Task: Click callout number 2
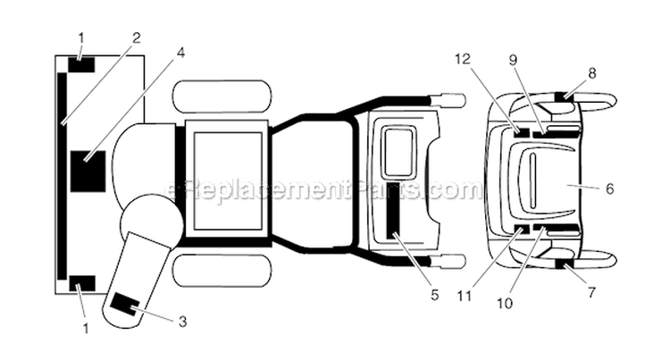tap(136, 38)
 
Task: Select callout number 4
tap(180, 53)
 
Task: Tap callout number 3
tap(182, 321)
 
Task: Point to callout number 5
tap(434, 295)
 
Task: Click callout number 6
tap(610, 188)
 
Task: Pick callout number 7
tap(591, 293)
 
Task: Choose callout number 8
tap(591, 73)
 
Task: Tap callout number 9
tap(513, 60)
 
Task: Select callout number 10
tap(505, 303)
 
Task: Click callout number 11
tap(465, 296)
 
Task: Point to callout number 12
tap(463, 58)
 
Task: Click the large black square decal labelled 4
tap(88, 172)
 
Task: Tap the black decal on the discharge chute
tap(124, 305)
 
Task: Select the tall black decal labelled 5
tap(394, 210)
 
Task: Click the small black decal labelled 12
tap(522, 132)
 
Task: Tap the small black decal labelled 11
tap(522, 230)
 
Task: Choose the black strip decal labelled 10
tap(556, 228)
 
